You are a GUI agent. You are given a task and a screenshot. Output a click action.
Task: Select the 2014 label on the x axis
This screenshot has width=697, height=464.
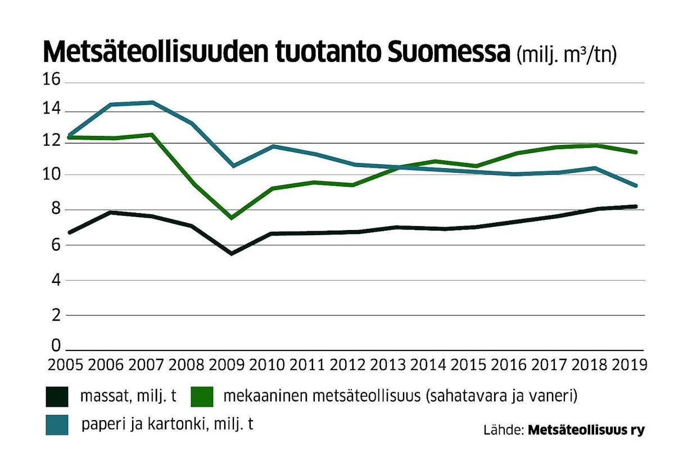429,364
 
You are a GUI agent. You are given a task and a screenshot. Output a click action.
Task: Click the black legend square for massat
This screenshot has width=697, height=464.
56,397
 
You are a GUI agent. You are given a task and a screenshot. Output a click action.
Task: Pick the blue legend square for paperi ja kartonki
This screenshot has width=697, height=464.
56,425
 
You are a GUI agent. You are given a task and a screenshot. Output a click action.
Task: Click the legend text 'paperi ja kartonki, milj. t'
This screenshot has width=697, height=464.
168,424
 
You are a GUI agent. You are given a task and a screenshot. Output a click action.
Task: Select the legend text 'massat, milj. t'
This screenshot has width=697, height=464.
128,396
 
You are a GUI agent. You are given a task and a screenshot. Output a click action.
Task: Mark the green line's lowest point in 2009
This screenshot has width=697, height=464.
231,218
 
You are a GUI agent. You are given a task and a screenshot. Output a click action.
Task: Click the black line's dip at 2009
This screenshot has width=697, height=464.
231,253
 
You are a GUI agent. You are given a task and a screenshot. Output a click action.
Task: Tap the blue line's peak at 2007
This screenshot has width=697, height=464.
152,102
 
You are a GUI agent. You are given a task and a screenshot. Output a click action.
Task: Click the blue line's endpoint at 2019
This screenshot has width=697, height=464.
635,185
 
